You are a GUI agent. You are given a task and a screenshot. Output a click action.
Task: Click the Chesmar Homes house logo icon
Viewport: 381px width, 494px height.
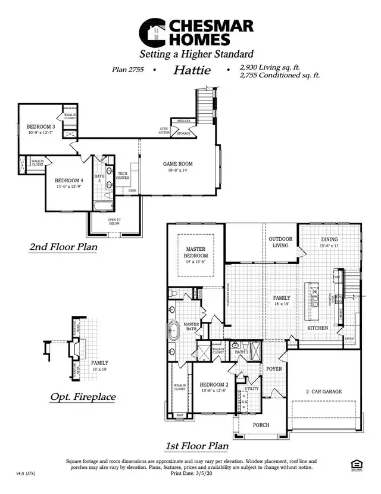click(x=152, y=32)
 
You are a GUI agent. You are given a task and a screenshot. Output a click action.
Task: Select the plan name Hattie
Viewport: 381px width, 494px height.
click(x=192, y=70)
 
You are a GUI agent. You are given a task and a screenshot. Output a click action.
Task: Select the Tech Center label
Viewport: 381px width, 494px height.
click(x=123, y=175)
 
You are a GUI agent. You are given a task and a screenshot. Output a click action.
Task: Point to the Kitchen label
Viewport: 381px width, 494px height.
click(x=318, y=328)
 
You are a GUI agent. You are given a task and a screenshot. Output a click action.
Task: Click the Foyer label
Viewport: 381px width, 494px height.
click(x=273, y=369)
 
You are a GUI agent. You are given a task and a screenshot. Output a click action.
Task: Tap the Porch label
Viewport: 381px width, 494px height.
click(x=261, y=425)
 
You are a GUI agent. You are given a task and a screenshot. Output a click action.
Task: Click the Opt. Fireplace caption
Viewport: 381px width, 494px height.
click(x=83, y=397)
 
